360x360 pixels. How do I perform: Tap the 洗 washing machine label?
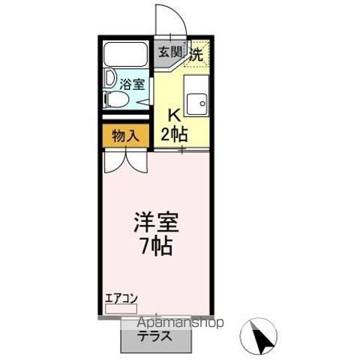pos(196,54)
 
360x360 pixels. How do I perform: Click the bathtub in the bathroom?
pos(126,56)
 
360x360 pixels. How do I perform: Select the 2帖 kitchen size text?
pos(175,134)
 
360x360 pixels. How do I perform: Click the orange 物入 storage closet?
pos(125,136)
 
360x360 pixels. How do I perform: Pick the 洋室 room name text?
pos(155,223)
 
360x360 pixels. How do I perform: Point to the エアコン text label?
pos(121,298)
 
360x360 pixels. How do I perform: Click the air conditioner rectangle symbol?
pos(121,309)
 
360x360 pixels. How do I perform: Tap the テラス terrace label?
pos(152,336)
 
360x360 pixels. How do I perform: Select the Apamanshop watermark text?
pos(181,323)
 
